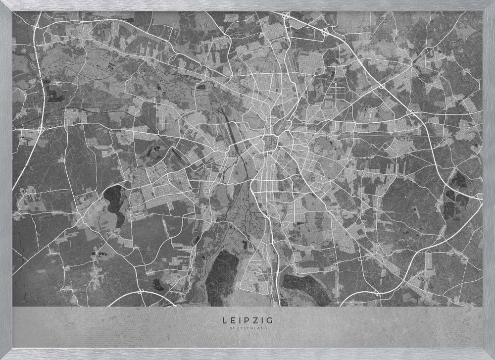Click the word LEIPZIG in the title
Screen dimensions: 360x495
247,320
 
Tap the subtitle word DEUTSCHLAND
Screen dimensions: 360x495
247,327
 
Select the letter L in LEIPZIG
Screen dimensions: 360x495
226,320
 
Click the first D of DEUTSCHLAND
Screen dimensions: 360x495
231,327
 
